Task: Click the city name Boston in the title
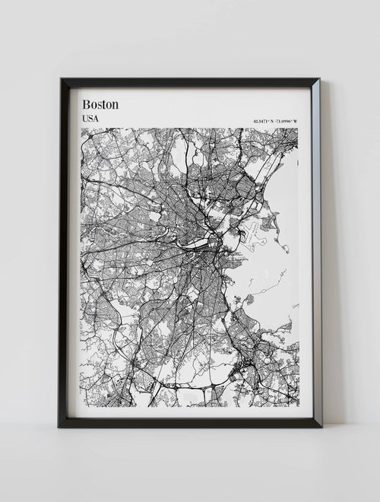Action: tap(100, 104)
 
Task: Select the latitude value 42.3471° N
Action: tap(264, 123)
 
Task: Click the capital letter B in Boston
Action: tap(85, 104)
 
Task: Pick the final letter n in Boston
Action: tap(115, 104)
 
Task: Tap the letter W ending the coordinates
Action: tap(297, 123)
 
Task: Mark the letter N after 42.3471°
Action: tap(274, 123)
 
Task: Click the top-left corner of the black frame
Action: tap(59, 79)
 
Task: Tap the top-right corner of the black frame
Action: tap(319, 79)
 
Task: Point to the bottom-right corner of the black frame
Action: tap(321, 425)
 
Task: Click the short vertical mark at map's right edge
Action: tap(298, 162)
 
